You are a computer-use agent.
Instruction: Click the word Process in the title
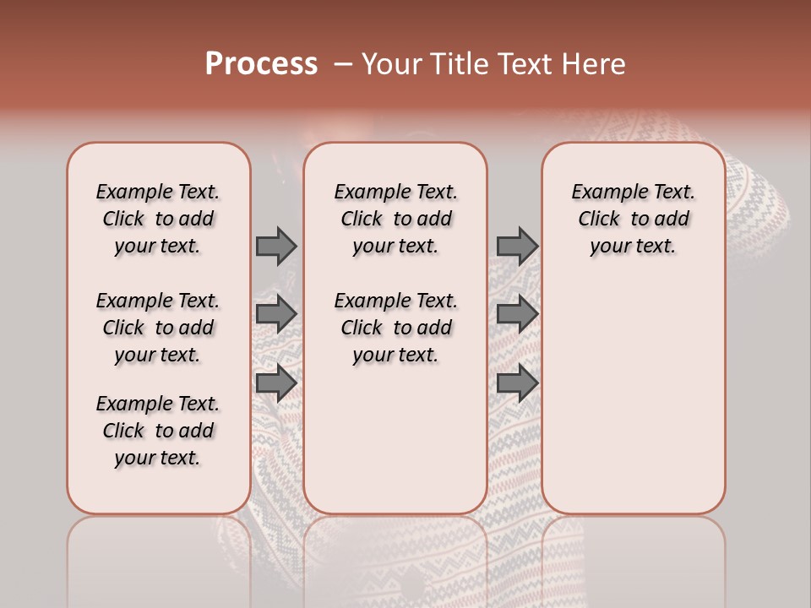coord(261,63)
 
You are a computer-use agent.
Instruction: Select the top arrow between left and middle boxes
coord(276,246)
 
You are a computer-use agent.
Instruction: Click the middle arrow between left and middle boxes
coord(276,314)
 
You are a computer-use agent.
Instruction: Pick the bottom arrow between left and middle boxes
coord(276,383)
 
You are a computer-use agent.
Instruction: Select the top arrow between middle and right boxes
coord(517,246)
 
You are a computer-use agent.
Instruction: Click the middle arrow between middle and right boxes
coord(517,314)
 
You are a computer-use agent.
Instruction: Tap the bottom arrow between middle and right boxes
coord(517,383)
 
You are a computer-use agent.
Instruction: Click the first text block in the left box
coord(158,219)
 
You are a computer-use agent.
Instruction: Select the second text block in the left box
coord(158,328)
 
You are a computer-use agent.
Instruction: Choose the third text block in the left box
coord(158,431)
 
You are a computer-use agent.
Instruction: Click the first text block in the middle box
coord(395,219)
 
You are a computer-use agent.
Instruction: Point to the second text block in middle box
coord(395,328)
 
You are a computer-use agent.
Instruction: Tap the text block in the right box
coord(633,219)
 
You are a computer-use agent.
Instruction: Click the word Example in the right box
coord(602,192)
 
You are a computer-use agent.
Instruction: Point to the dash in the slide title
coord(343,63)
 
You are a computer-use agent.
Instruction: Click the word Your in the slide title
coord(392,63)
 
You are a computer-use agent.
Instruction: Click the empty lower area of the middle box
coord(395,439)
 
